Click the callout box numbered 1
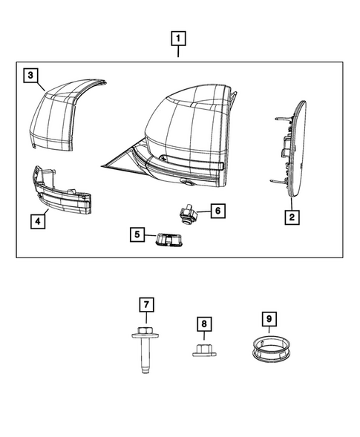point(179,38)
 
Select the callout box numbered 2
point(292,217)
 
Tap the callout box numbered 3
point(30,74)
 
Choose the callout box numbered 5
point(137,234)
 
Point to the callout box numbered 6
point(216,211)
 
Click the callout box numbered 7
point(146,304)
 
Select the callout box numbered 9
point(269,319)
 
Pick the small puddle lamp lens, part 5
point(168,239)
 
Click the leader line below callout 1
point(179,53)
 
